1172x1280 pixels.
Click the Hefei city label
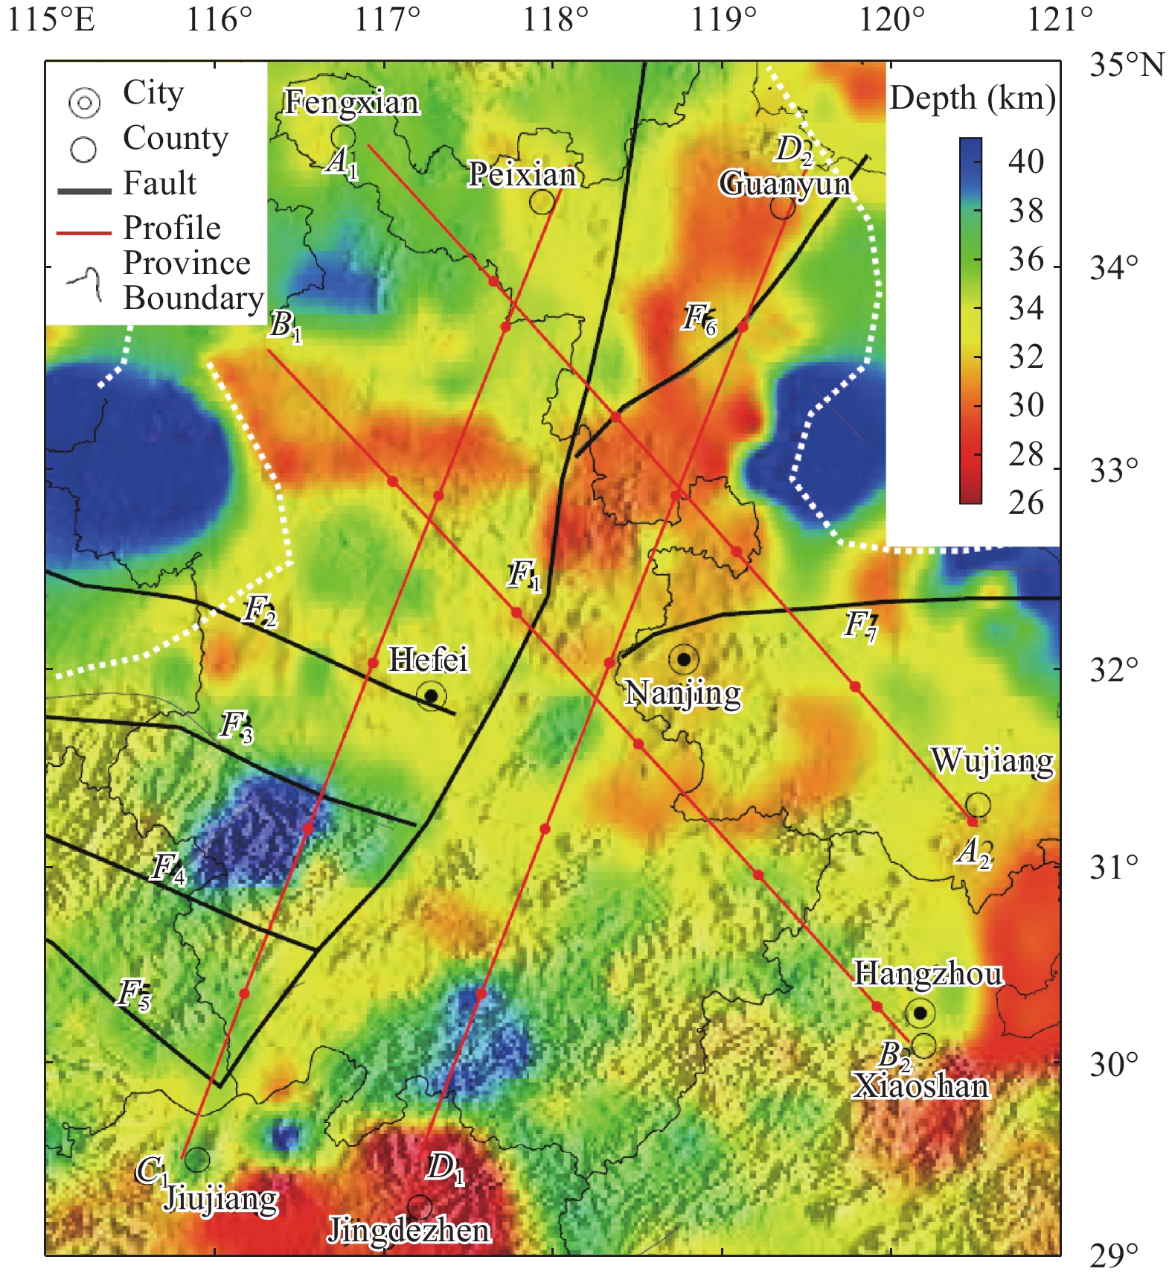429,660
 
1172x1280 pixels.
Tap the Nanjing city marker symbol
684,659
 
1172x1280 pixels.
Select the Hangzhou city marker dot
920,1013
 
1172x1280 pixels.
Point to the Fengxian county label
351,102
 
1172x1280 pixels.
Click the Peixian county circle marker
542,202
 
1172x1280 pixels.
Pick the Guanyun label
784,183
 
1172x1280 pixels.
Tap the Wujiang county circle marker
978,804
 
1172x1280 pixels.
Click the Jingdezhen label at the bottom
409,1230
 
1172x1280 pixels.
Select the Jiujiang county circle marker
196,1159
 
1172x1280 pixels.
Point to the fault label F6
699,319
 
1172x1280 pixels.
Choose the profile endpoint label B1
285,325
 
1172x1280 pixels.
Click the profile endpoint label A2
973,851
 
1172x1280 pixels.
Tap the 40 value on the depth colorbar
1025,162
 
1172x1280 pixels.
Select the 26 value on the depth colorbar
1025,503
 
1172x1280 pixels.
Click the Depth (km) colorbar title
972,98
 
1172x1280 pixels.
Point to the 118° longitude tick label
555,19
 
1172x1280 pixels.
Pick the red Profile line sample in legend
84,233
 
